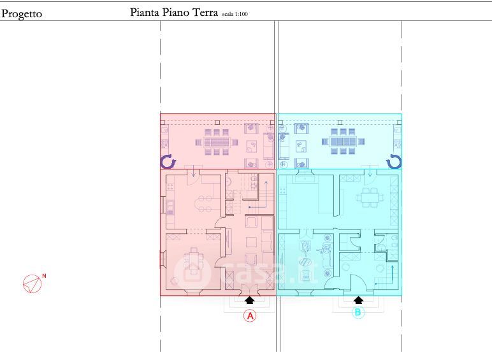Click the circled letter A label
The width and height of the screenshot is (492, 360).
tap(250, 315)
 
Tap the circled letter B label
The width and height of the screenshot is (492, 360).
tap(358, 312)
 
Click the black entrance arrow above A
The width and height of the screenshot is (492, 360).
tap(249, 300)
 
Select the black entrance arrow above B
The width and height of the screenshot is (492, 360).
tap(358, 300)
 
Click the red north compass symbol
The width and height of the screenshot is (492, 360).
tap(33, 284)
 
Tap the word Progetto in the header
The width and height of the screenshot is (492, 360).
tap(22, 14)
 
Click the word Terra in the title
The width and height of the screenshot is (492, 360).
tap(205, 13)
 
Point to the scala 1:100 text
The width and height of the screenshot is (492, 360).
tap(235, 14)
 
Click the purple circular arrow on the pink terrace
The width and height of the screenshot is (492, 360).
tap(168, 162)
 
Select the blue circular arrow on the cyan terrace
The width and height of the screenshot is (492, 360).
tap(394, 162)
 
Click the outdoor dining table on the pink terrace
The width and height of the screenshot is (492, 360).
tap(217, 142)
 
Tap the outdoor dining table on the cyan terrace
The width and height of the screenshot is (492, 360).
tap(343, 141)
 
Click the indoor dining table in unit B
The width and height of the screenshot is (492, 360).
tap(370, 198)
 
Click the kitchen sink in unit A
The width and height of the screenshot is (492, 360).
tap(170, 207)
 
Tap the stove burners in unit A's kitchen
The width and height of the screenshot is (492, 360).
tap(170, 187)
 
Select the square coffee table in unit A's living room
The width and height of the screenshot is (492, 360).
tap(251, 242)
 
